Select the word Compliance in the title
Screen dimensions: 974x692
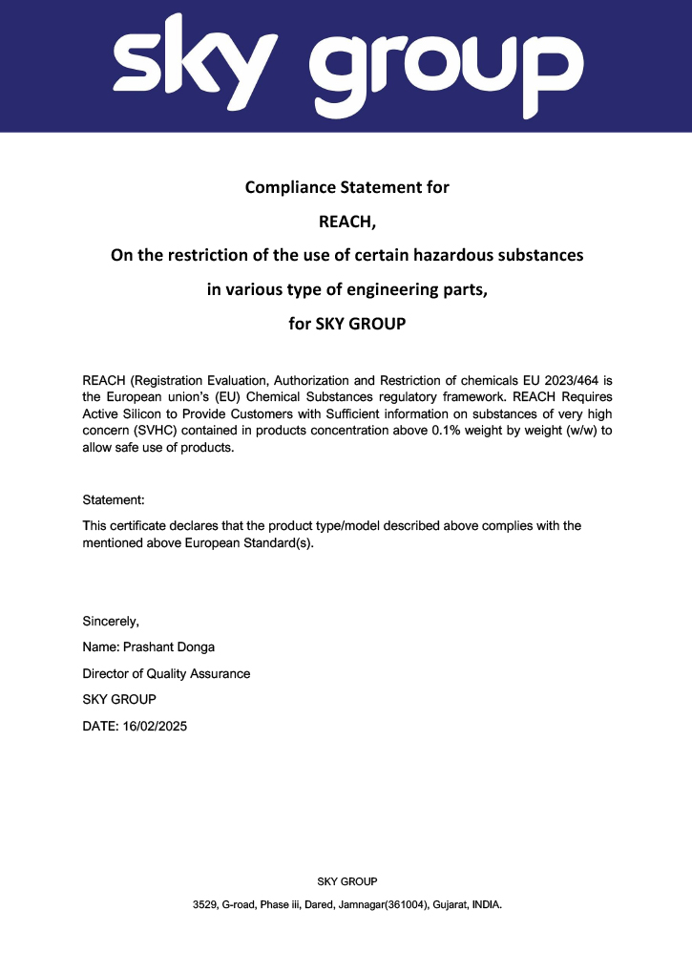point(287,187)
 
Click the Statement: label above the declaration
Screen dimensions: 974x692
point(114,499)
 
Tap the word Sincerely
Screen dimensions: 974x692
point(111,623)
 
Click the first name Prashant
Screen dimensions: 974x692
point(150,648)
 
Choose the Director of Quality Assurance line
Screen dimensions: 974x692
point(166,674)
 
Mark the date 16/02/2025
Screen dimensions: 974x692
point(155,726)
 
